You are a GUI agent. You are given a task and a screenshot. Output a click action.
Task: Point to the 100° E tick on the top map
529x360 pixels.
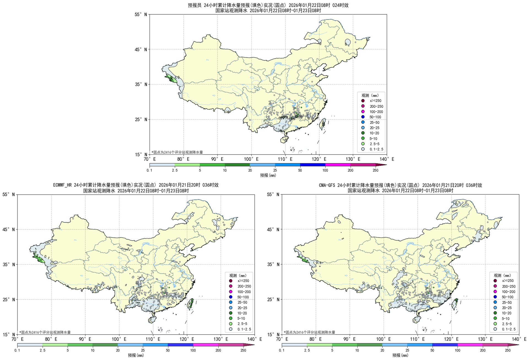coord(251,159)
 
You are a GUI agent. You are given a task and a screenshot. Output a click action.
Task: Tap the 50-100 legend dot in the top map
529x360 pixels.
coord(363,117)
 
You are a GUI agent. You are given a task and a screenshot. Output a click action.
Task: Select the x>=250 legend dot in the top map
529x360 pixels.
coord(363,101)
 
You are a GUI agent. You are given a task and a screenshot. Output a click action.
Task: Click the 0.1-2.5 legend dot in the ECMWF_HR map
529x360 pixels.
coord(231,329)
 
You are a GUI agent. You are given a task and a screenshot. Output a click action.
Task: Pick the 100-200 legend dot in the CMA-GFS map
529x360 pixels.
coord(495,292)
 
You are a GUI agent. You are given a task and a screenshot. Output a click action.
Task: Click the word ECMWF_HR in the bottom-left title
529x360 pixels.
coord(63,185)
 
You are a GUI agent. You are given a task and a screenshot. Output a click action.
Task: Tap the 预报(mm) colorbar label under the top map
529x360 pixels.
coord(268,175)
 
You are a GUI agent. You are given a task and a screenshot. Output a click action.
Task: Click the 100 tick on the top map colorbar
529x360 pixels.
coord(325,170)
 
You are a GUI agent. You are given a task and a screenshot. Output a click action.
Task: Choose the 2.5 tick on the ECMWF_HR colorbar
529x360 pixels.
coord(42,350)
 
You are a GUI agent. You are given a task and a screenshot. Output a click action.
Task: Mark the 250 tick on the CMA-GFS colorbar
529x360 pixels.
coord(508,350)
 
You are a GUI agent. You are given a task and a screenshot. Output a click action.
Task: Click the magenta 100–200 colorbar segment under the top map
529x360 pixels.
coord(338,165)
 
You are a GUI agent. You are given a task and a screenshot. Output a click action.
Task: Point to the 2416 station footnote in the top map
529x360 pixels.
coord(177,152)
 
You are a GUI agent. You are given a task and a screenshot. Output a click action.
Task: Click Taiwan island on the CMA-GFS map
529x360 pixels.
coord(455,303)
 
